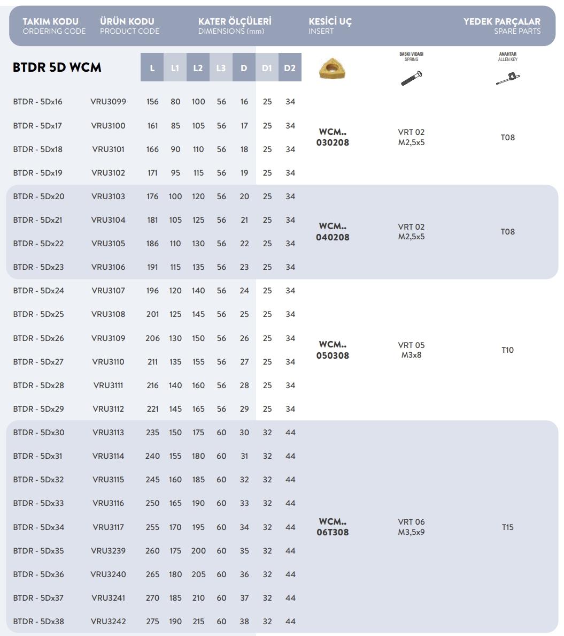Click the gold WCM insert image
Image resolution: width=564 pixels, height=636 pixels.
332,69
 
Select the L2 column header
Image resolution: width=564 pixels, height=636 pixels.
198,68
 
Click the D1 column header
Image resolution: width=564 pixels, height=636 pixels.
267,68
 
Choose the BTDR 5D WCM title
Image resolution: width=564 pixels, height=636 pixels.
57,67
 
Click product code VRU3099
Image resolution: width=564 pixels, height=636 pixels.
109,102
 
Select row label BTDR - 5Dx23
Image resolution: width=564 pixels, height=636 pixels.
38,267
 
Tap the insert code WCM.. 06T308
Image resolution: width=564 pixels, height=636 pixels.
333,527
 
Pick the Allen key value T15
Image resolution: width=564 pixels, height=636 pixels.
507,527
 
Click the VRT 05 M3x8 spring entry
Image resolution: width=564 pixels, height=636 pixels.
411,350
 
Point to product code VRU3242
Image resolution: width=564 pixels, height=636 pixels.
109,622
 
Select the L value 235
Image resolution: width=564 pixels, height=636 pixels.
152,433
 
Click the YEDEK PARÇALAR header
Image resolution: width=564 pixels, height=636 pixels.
501,26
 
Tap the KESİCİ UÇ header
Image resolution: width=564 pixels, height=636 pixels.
330,26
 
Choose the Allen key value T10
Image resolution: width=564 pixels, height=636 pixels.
507,350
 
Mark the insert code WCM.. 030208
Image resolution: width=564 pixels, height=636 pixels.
333,137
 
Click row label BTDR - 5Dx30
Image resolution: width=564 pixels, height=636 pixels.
38,433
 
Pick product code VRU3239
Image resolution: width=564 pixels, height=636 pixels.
109,551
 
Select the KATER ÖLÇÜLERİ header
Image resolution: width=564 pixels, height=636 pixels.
235,26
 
